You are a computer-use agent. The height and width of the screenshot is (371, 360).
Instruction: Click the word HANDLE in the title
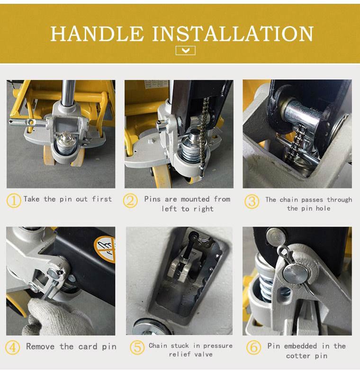click(97, 34)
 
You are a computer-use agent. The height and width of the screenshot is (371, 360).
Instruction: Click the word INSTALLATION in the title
click(233, 34)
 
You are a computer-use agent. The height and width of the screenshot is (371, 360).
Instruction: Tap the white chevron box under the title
click(186, 50)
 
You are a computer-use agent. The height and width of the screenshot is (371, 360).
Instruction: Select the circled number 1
click(13, 201)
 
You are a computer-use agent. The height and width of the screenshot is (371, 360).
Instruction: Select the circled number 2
click(130, 201)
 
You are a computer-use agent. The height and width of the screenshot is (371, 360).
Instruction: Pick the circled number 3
click(252, 202)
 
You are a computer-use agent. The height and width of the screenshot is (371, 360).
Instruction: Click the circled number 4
click(12, 347)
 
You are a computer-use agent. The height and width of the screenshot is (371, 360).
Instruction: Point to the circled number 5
click(137, 347)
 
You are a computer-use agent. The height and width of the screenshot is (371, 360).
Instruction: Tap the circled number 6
click(254, 347)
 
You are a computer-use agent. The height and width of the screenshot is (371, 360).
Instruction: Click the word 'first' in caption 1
click(102, 199)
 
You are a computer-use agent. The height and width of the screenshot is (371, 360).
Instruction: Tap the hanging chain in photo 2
click(203, 132)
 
